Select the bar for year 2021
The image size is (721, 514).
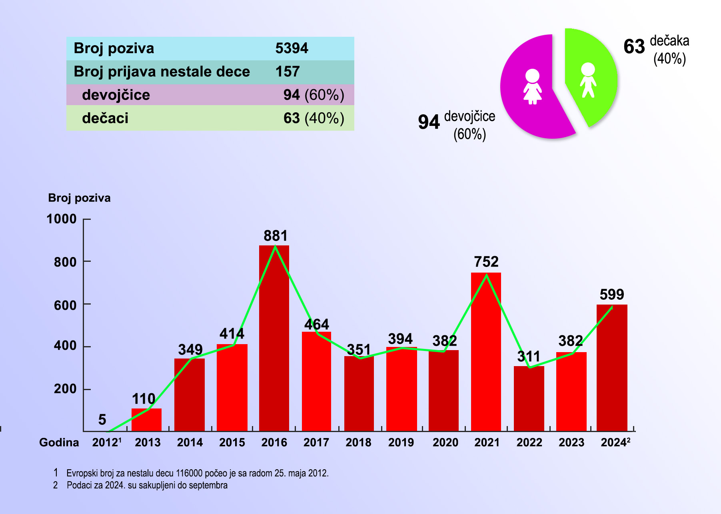[x=486, y=352]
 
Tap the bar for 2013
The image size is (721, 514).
[x=146, y=420]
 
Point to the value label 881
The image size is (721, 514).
[x=276, y=236]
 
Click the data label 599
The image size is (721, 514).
[x=612, y=295]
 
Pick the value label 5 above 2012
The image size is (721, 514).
[x=102, y=420]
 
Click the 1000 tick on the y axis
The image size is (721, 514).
[x=62, y=219]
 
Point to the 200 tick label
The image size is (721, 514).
[x=65, y=388]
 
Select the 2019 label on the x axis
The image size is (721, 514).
[x=401, y=442]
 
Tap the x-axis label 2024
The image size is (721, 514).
[x=614, y=442]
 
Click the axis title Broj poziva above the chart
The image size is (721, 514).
[x=79, y=198]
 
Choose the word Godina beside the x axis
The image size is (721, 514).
[x=59, y=442]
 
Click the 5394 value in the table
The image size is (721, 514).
[x=292, y=48]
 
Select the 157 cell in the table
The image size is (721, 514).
[x=287, y=72]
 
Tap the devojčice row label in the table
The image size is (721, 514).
[x=116, y=95]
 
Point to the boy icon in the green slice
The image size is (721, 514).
[x=588, y=80]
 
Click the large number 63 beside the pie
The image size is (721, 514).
[x=634, y=47]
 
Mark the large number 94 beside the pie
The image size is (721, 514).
[x=429, y=122]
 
